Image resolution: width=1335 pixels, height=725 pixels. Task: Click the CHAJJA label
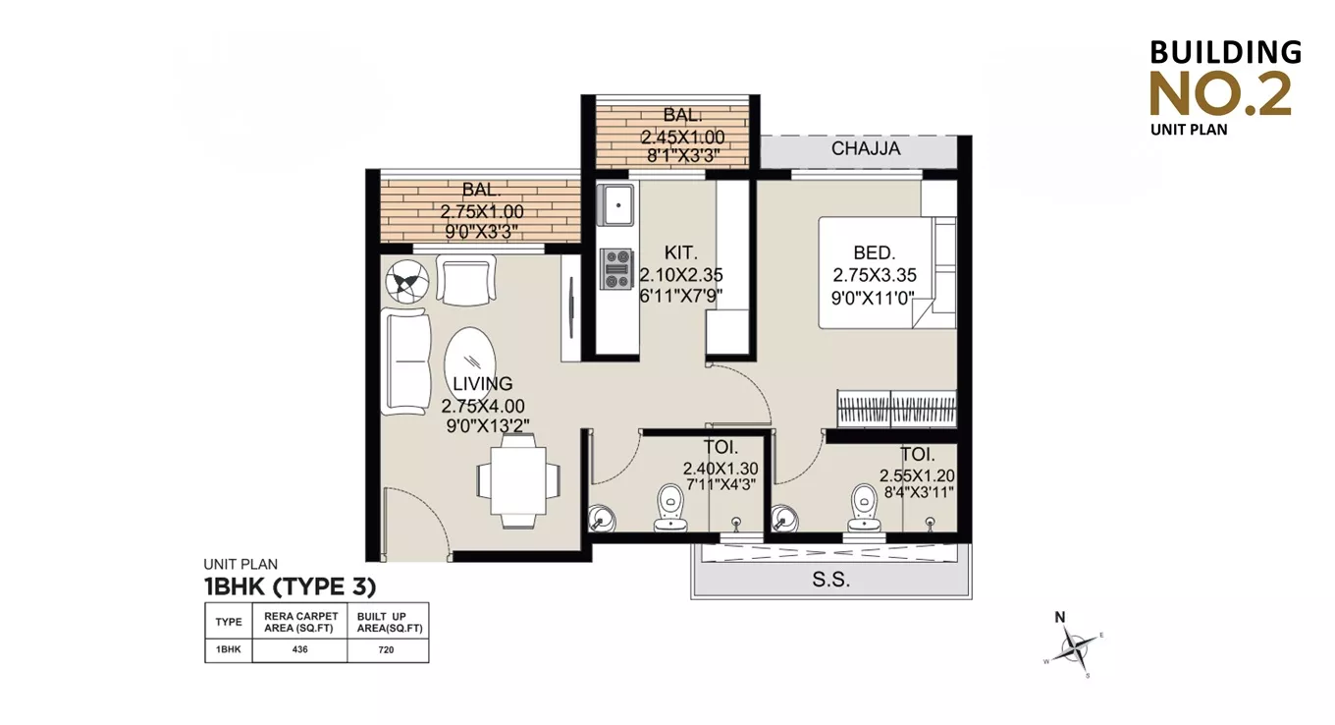click(x=865, y=149)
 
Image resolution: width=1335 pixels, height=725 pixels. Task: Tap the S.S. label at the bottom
click(x=830, y=580)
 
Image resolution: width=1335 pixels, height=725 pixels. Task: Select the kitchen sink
click(x=617, y=204)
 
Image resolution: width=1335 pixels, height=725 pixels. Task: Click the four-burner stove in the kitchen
click(x=617, y=268)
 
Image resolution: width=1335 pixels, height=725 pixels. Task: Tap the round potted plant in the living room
click(x=405, y=283)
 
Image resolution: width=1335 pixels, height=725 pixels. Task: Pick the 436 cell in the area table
click(x=299, y=650)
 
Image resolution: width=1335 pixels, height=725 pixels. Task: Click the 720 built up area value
click(x=388, y=650)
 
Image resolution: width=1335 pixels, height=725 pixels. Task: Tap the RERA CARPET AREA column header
click(x=299, y=622)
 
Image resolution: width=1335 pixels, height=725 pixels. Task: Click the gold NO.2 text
click(x=1220, y=94)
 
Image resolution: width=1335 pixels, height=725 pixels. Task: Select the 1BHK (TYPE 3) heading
click(x=290, y=586)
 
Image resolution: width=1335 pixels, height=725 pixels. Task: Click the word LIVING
click(x=482, y=384)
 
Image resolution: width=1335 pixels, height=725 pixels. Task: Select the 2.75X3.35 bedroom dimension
click(x=874, y=275)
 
